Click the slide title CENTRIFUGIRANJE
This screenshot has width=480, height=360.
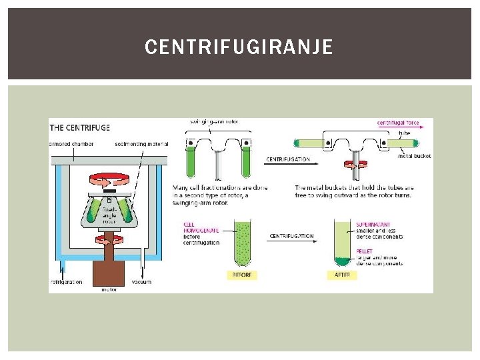point(238,47)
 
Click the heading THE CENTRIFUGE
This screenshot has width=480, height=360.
point(80,127)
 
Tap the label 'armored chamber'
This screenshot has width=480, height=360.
point(71,143)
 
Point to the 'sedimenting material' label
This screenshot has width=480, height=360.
point(141,143)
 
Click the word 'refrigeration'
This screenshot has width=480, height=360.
point(67,282)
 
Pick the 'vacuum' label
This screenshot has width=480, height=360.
point(141,282)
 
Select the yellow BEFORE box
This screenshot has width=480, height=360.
point(241,275)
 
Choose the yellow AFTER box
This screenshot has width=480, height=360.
point(342,275)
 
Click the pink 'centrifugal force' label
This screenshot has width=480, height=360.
point(398,123)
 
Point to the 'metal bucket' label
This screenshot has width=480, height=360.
point(414,156)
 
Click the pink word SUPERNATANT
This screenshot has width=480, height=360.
point(373,225)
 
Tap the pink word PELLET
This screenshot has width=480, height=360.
point(364,251)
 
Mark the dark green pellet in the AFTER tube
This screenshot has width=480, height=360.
point(342,261)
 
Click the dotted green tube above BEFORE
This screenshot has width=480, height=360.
point(241,243)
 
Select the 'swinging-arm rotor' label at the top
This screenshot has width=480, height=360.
point(214,121)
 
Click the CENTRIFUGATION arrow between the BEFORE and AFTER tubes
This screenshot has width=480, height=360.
point(291,239)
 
